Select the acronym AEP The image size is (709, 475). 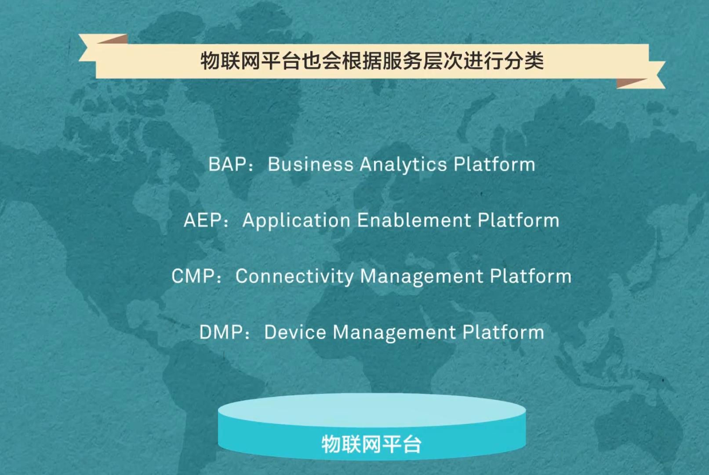(203, 220)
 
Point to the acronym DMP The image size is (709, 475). (221, 332)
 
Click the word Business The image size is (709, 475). (310, 164)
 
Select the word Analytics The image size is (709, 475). (403, 164)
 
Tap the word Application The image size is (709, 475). (296, 220)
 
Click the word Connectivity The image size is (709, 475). (295, 276)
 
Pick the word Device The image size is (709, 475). (295, 332)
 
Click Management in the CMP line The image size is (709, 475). (422, 277)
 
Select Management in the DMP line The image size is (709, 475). (394, 333)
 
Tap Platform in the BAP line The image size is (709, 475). (494, 164)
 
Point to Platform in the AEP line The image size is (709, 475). (519, 220)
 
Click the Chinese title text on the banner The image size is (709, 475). (372, 61)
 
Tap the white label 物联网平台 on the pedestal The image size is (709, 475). (371, 444)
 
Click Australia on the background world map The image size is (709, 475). (636, 424)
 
